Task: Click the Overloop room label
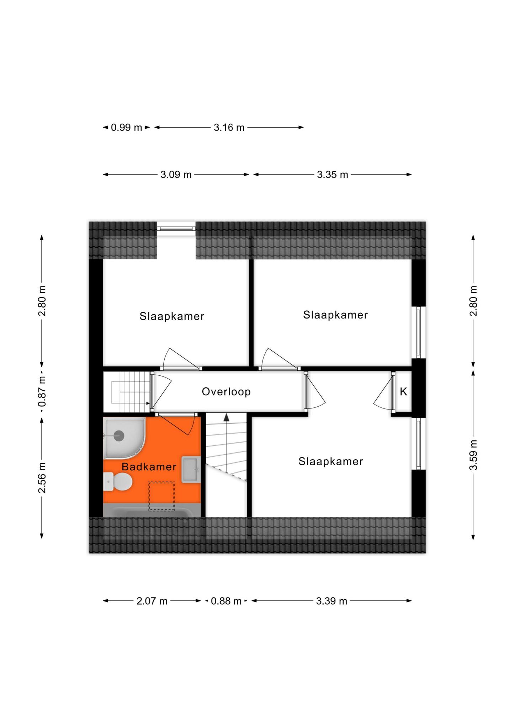[226, 392]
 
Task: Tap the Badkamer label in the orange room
[149, 467]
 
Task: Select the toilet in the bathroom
[118, 482]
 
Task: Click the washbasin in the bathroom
[191, 470]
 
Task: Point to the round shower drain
[119, 435]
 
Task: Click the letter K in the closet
[403, 392]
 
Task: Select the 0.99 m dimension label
[126, 127]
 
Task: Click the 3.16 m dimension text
[229, 127]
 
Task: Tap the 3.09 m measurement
[176, 175]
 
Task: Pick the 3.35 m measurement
[333, 175]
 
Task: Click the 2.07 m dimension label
[152, 601]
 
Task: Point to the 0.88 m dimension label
[226, 601]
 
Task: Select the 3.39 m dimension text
[331, 601]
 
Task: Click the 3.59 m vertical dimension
[473, 455]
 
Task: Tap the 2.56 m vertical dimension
[42, 478]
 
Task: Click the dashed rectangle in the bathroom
[161, 496]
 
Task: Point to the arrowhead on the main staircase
[226, 417]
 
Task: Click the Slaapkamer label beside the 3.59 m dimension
[331, 461]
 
